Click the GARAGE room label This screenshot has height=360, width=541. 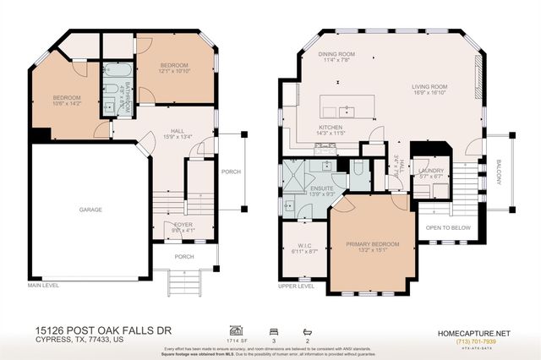90,210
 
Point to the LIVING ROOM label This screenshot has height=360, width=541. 429,86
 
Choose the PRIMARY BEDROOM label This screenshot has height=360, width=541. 373,244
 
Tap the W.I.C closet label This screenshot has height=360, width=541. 302,245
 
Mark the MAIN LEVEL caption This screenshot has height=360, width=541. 44,286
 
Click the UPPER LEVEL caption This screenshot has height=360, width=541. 296,286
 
